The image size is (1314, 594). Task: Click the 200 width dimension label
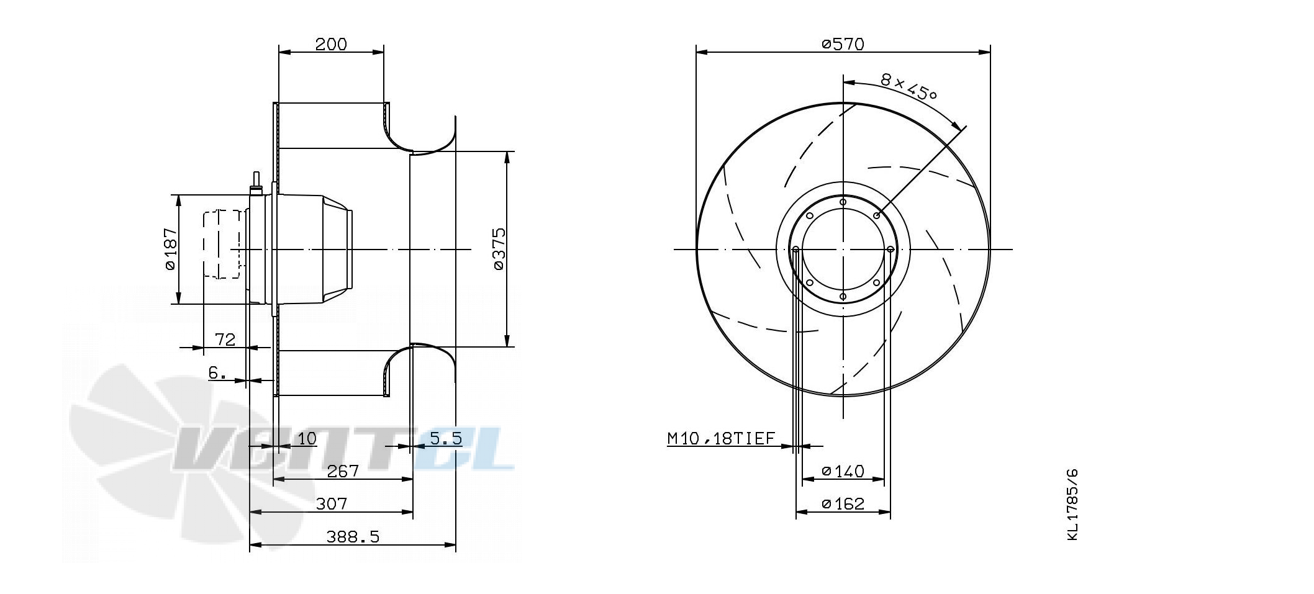331,44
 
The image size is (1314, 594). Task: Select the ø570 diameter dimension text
843,44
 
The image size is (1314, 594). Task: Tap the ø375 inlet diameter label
499,249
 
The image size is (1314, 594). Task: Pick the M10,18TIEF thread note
722,439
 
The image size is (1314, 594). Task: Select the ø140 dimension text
843,471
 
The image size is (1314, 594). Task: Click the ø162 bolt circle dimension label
843,504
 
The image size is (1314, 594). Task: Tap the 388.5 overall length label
353,537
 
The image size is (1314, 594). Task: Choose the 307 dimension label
331,503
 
